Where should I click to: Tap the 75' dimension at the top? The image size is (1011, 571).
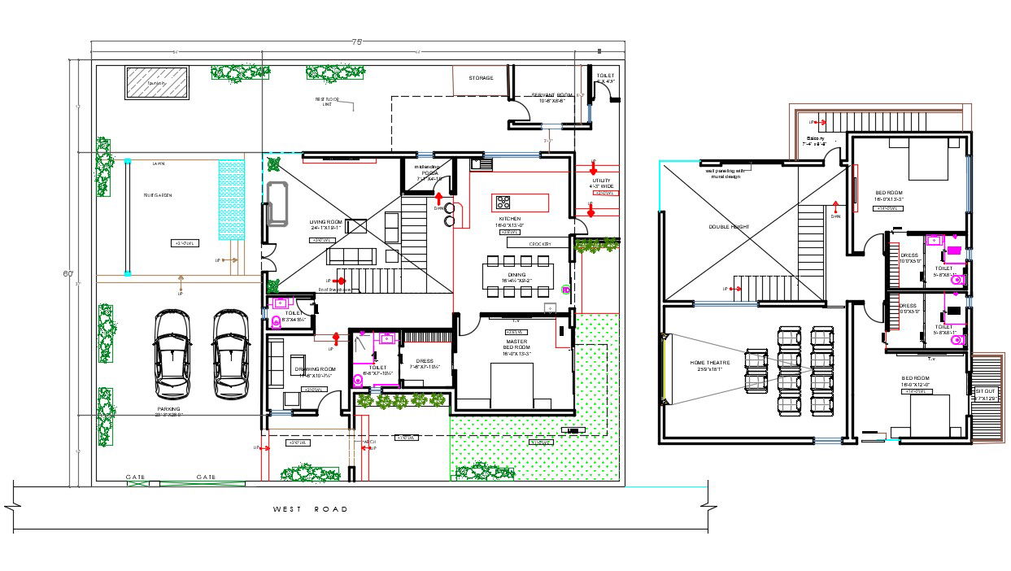(x=356, y=41)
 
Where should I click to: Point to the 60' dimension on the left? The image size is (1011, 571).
(x=68, y=273)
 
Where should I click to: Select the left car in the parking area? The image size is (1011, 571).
(x=172, y=355)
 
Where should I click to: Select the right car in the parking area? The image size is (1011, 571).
(x=230, y=355)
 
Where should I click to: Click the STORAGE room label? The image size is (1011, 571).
(x=481, y=78)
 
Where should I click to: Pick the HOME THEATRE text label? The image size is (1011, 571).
(x=710, y=363)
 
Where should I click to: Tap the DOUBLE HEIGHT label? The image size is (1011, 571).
(x=728, y=227)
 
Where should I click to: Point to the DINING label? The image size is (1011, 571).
(x=517, y=275)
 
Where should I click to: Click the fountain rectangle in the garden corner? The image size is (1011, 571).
(x=157, y=83)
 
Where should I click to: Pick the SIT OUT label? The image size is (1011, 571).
(x=985, y=391)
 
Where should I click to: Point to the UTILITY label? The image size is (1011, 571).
(x=601, y=181)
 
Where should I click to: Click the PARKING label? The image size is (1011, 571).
(x=169, y=409)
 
